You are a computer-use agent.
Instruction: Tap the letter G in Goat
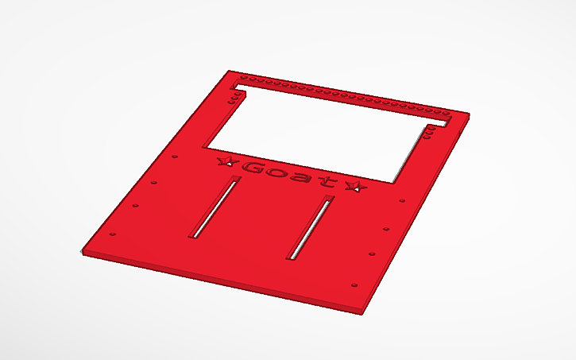pos(256,168)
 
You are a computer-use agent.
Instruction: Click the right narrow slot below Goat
pos(310,226)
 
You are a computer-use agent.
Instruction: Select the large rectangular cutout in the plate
pos(318,131)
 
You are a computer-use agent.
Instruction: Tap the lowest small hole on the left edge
pos(112,234)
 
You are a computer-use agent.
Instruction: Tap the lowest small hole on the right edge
pos(354,285)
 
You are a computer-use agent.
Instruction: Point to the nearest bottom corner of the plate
pos(362,312)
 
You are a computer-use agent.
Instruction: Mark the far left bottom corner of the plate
pos(83,252)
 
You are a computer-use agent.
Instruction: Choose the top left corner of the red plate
pos(229,71)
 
